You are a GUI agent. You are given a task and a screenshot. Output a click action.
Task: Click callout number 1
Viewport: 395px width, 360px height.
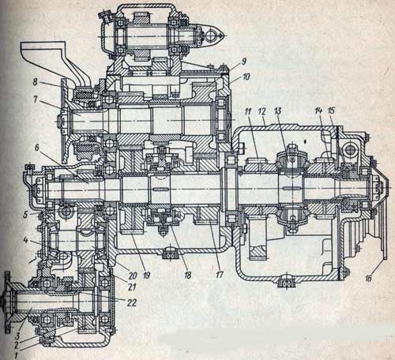point(16,356)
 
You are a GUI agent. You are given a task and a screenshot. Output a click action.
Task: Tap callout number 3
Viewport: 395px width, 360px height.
point(17,336)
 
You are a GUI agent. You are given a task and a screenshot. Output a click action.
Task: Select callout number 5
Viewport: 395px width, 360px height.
point(25,215)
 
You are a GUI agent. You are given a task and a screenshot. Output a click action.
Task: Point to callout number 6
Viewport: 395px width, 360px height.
point(36,148)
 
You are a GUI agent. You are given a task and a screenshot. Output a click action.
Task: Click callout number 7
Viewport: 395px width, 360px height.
point(36,100)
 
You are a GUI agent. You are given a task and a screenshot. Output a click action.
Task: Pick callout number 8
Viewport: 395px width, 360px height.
point(36,82)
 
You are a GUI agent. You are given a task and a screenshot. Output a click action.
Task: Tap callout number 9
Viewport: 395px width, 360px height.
point(244,62)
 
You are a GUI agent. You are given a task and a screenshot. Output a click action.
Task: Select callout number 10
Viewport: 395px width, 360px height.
point(246,77)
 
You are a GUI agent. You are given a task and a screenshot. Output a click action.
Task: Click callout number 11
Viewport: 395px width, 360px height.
point(247,111)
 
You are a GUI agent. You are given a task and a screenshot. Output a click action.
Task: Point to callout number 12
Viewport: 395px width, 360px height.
point(261,111)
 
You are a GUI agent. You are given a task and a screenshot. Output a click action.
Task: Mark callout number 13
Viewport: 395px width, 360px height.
point(277,111)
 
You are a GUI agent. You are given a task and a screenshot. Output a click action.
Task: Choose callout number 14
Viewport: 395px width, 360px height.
point(318,111)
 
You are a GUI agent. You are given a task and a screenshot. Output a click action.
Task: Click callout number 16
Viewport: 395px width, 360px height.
point(368,278)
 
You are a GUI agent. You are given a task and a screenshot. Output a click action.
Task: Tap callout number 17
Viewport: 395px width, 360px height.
point(220,275)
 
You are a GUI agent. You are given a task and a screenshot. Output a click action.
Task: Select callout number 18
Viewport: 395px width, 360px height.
point(187,276)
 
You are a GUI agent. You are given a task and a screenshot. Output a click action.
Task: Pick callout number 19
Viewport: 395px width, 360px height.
point(146,275)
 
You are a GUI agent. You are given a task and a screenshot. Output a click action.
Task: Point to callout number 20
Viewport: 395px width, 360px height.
point(133,276)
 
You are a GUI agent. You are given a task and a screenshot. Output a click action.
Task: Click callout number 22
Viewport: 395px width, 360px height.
point(132,302)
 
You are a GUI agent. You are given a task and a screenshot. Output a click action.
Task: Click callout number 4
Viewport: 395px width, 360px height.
point(25,240)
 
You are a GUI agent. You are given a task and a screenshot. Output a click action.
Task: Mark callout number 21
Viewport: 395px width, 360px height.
point(132,287)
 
